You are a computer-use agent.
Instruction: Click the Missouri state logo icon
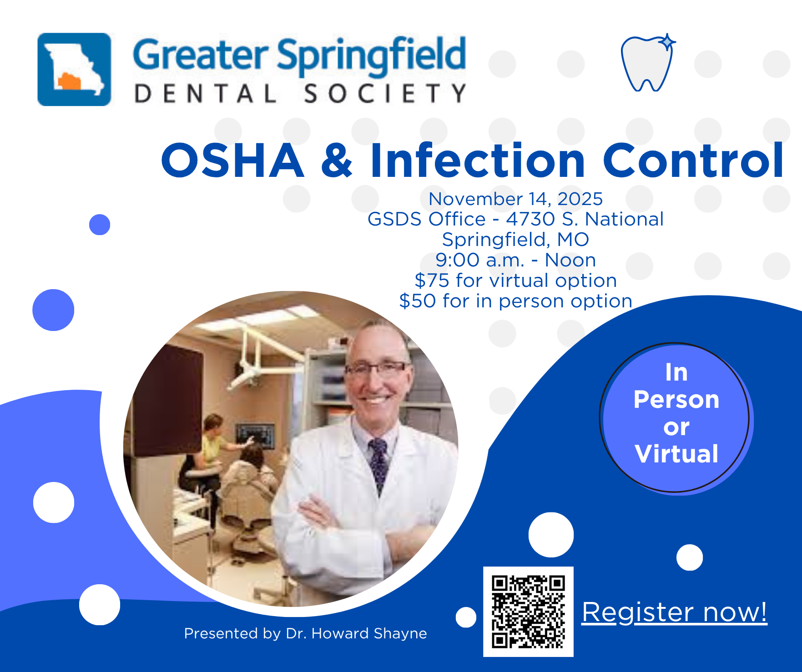pyautogui.click(x=74, y=69)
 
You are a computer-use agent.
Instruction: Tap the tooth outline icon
pyautogui.click(x=648, y=63)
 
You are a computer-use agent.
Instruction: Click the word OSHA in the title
pyautogui.click(x=232, y=160)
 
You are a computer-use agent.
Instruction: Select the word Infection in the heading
pyautogui.click(x=478, y=160)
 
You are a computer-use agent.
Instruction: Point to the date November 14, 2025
pyautogui.click(x=515, y=199)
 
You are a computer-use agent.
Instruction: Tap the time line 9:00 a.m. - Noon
pyautogui.click(x=515, y=260)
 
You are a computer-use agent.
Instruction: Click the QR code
pyautogui.click(x=528, y=612)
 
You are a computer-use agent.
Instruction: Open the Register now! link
pyautogui.click(x=675, y=612)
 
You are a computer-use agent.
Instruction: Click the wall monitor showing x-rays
pyautogui.click(x=255, y=436)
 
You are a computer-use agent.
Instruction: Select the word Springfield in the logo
pyautogui.click(x=371, y=56)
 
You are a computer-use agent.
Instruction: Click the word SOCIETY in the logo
pyautogui.click(x=385, y=94)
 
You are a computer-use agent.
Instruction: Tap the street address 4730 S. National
pyautogui.click(x=585, y=219)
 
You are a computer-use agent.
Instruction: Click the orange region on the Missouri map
pyautogui.click(x=69, y=81)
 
